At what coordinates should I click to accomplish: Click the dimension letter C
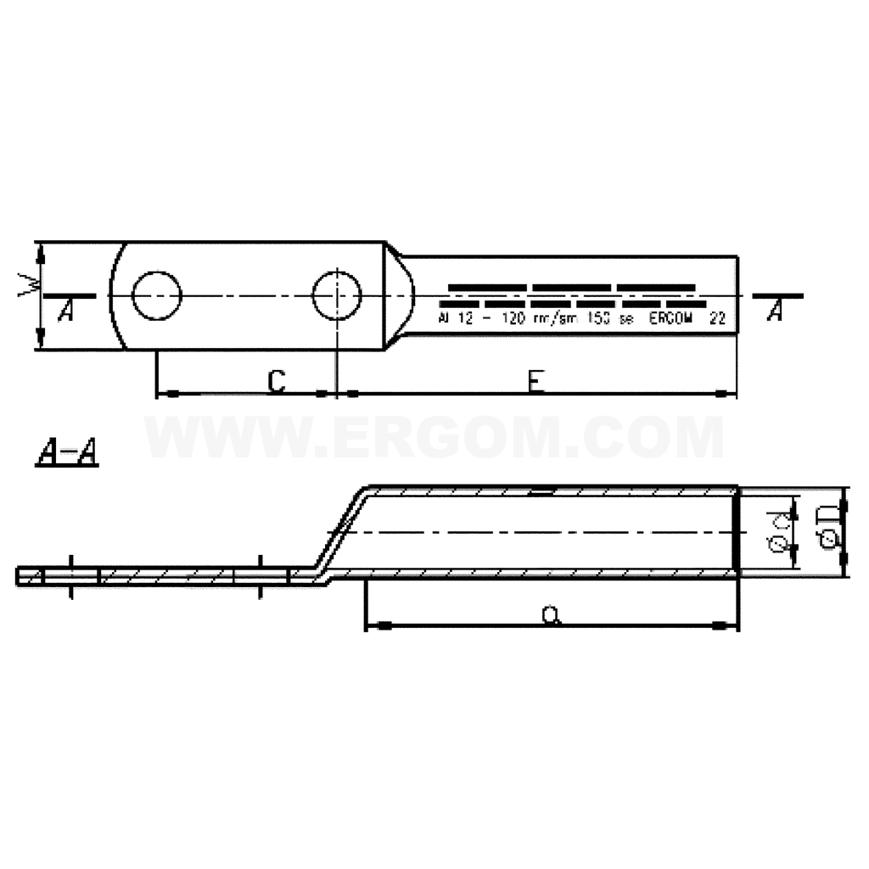(x=276, y=382)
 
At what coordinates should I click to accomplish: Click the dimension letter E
(x=534, y=383)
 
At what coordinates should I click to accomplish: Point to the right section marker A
(x=773, y=311)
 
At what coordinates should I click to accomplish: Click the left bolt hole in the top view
(x=157, y=296)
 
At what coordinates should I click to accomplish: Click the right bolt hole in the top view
(x=337, y=296)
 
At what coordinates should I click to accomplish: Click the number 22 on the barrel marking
(x=717, y=320)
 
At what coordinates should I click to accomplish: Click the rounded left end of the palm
(x=117, y=295)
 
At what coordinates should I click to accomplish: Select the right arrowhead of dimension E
(x=726, y=394)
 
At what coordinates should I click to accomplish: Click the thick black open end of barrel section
(x=737, y=532)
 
